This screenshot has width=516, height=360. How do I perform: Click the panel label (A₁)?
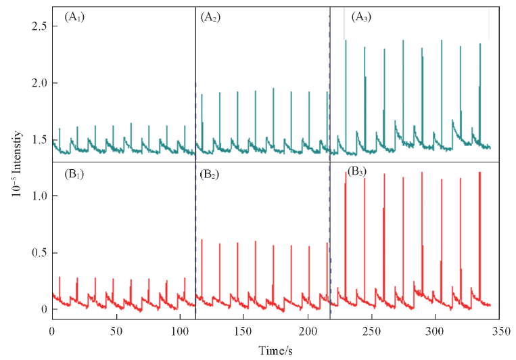tap(74, 18)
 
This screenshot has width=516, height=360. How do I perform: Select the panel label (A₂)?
tap(210, 18)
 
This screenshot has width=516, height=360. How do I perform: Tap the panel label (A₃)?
tap(358, 18)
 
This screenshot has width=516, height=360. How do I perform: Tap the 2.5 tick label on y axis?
tap(39, 26)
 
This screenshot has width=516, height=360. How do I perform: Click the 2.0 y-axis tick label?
tap(39, 83)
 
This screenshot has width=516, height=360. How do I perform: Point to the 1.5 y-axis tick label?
tap(39, 139)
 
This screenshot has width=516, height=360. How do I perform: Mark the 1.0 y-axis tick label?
tap(39, 196)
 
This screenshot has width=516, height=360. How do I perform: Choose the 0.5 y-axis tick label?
tap(39, 252)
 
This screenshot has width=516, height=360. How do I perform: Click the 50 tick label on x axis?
tap(116, 332)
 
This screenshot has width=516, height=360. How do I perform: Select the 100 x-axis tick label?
tap(179, 332)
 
